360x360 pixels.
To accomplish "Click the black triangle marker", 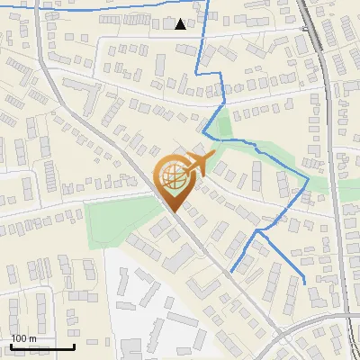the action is (x=181, y=23).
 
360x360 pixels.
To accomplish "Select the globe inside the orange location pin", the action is (x=175, y=180).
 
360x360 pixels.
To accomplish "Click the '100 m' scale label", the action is (x=24, y=338).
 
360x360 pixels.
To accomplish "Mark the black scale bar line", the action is (x=42, y=346).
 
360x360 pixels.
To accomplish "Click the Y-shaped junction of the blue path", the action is (x=258, y=230).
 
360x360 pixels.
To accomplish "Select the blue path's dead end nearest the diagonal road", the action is (x=231, y=271).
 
